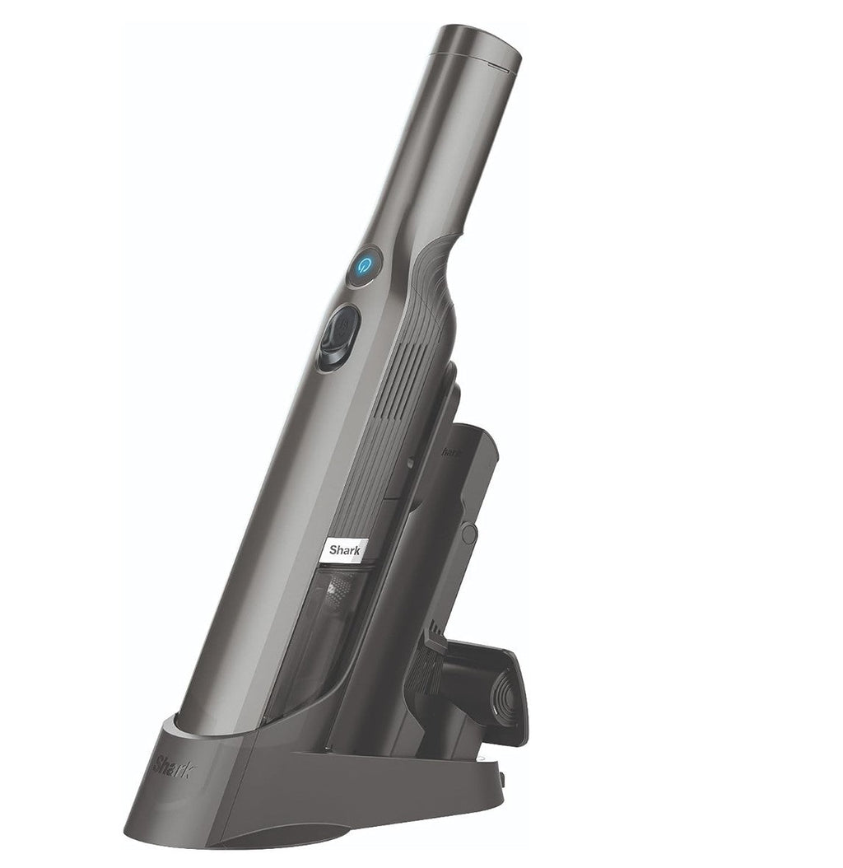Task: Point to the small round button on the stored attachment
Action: coord(469,534)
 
